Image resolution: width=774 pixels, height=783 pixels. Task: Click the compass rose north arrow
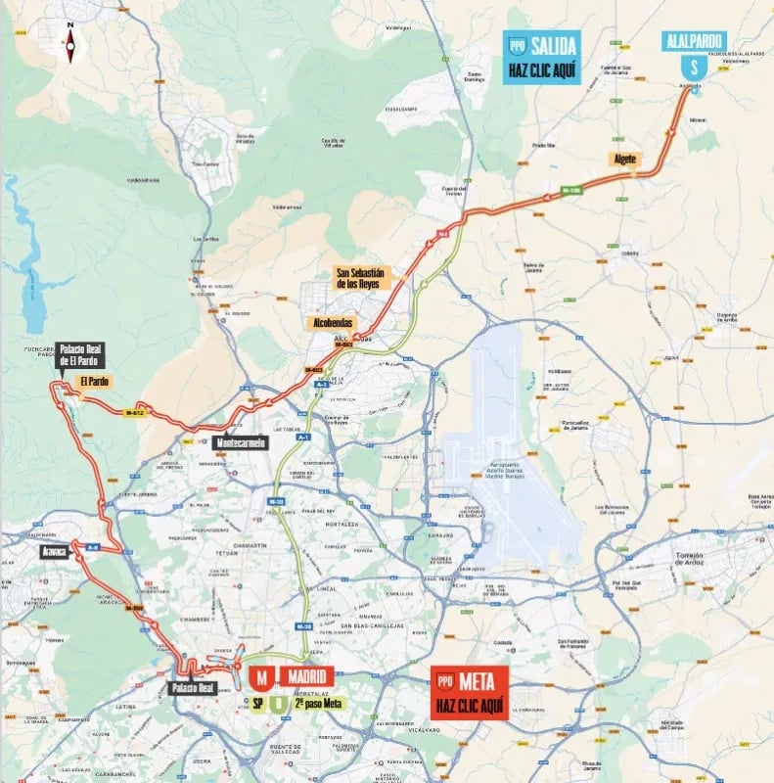point(69,42)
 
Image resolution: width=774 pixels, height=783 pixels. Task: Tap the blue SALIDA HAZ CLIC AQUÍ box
point(542,57)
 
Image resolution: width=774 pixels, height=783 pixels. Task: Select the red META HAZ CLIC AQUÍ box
point(470,692)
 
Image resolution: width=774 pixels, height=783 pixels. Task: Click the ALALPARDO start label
point(693,40)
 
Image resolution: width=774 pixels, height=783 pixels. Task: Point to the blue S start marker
point(693,68)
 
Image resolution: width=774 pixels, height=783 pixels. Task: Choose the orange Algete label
point(625,159)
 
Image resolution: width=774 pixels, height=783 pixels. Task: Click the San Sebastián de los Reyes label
point(364,279)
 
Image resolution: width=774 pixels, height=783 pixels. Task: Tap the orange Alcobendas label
point(332,322)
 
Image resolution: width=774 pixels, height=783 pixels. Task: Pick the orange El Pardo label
point(96,381)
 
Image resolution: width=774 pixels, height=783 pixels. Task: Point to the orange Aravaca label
point(54,552)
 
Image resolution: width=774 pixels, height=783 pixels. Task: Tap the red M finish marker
point(261,677)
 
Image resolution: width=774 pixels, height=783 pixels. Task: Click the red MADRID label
point(307,676)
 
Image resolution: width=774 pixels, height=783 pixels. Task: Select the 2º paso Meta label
point(319,702)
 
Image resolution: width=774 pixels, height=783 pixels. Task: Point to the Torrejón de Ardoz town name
point(697,559)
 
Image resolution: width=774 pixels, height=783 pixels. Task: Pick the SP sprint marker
point(257,702)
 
